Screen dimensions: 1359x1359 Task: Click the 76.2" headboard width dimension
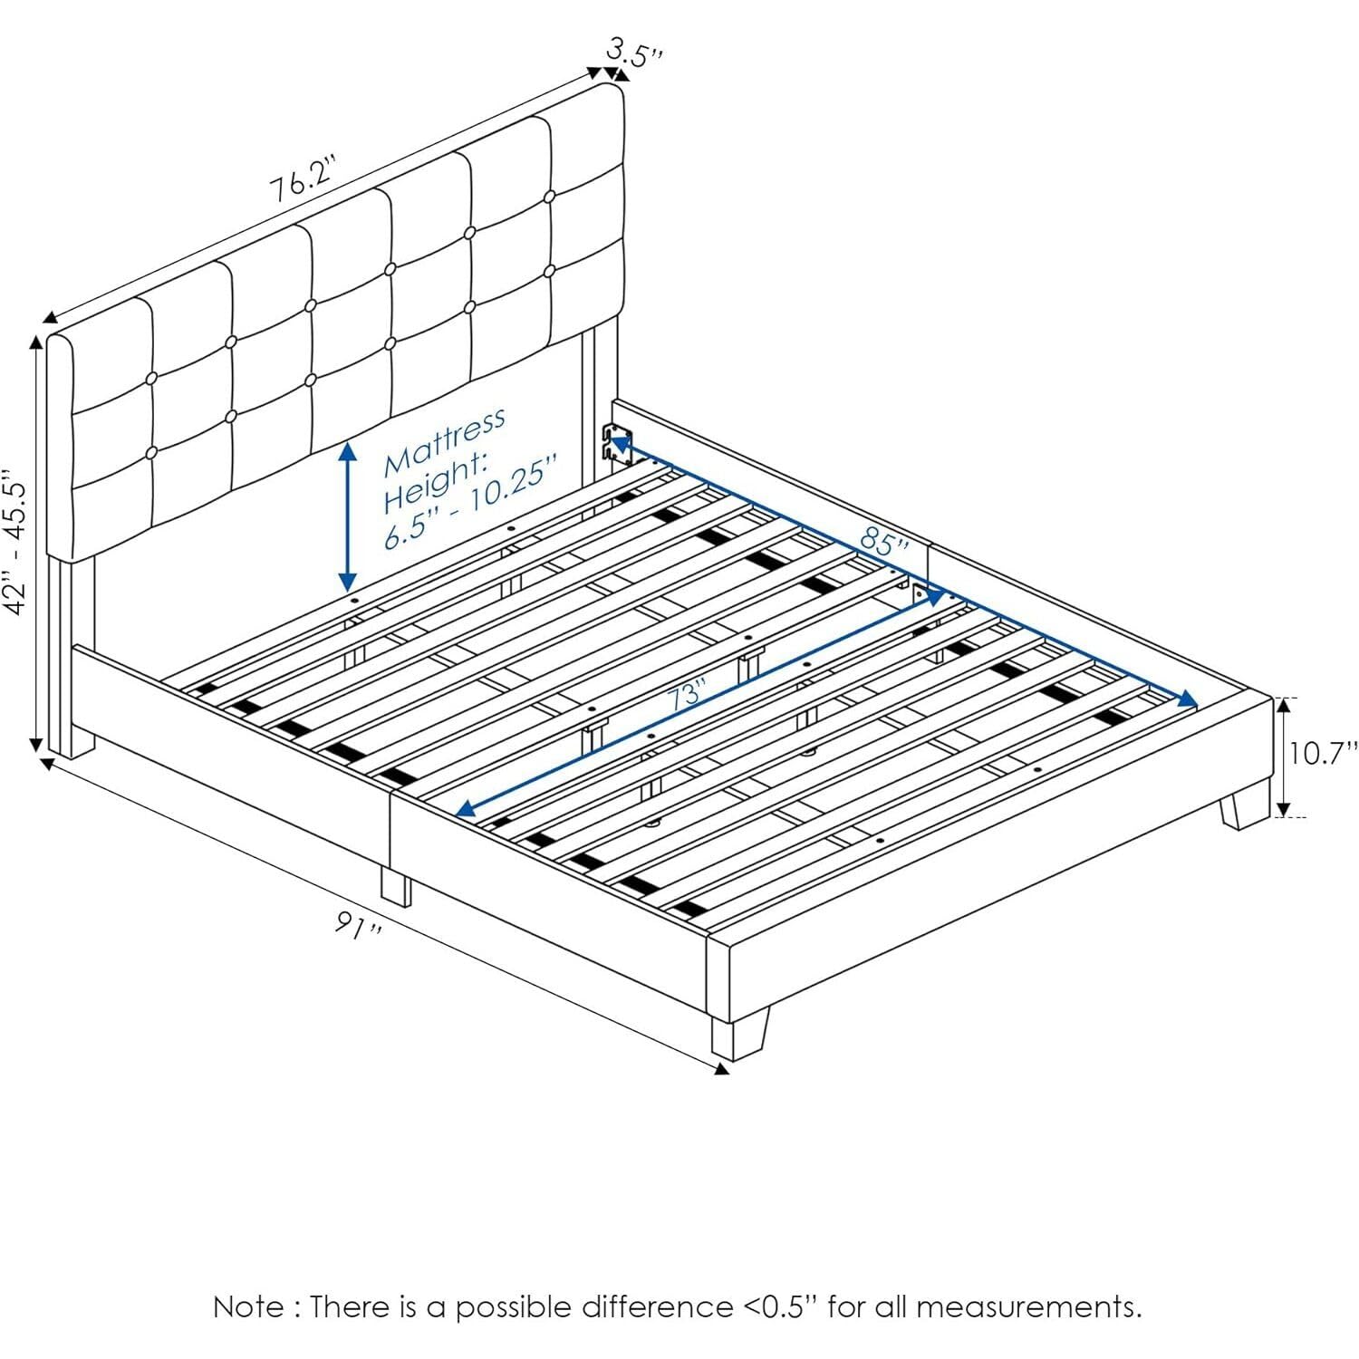click(x=303, y=185)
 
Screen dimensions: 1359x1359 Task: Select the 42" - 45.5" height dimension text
click(x=20, y=542)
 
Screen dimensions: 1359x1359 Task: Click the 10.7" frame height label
click(x=1324, y=754)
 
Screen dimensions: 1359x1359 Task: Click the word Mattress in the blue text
click(x=444, y=443)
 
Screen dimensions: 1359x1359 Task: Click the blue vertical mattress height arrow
click(x=347, y=516)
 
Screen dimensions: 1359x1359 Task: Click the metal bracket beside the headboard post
click(x=616, y=445)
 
